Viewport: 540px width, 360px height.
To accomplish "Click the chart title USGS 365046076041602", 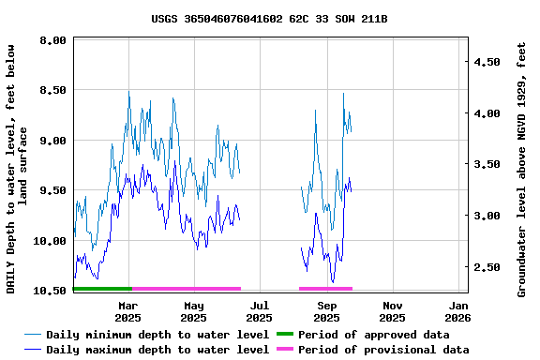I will tap(269, 19).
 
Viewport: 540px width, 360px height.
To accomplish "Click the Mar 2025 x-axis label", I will tap(128, 311).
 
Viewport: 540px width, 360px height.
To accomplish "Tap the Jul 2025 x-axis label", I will tap(261, 311).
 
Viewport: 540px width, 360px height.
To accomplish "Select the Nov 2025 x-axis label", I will tap(393, 311).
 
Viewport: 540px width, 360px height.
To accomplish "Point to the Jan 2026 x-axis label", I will tap(458, 311).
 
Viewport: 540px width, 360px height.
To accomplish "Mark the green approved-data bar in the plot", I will tap(102, 289).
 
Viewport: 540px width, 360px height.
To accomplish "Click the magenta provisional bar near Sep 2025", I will tap(325, 289).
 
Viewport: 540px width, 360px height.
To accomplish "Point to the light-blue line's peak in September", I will tap(343, 93).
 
